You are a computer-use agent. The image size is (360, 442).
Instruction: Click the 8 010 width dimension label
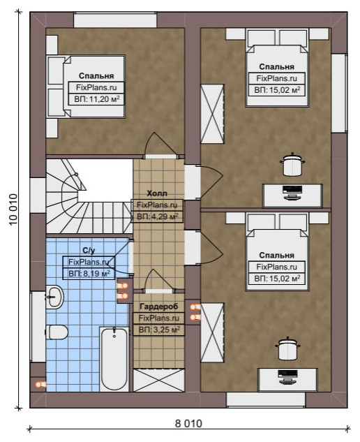click(188, 424)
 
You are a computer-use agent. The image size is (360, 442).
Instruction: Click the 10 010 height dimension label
click(13, 209)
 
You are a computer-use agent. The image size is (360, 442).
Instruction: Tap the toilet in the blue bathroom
click(57, 332)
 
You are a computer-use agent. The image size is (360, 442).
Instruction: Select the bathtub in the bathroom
click(114, 359)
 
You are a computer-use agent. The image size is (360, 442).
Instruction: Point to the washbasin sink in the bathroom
click(55, 297)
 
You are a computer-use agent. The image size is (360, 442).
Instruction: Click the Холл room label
click(157, 193)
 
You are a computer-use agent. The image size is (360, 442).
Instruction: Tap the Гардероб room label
click(159, 307)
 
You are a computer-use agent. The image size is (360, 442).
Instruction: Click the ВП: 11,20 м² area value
click(96, 99)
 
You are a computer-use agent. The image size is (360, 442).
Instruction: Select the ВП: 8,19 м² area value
click(89, 274)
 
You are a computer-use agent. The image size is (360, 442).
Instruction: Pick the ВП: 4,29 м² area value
click(157, 216)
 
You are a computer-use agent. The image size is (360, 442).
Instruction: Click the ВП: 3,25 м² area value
click(159, 330)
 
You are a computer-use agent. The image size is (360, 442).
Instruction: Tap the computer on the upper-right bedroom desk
click(292, 193)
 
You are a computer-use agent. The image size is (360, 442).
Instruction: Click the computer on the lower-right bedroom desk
click(287, 377)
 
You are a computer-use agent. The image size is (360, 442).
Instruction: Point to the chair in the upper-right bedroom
click(292, 164)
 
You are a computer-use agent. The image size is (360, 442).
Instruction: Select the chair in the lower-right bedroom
click(287, 348)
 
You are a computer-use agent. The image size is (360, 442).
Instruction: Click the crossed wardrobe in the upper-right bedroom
click(212, 114)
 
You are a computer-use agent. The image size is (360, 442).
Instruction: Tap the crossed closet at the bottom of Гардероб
click(159, 381)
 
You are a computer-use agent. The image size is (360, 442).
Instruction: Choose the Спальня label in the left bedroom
click(96, 76)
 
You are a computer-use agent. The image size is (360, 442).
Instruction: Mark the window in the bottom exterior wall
click(266, 400)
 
